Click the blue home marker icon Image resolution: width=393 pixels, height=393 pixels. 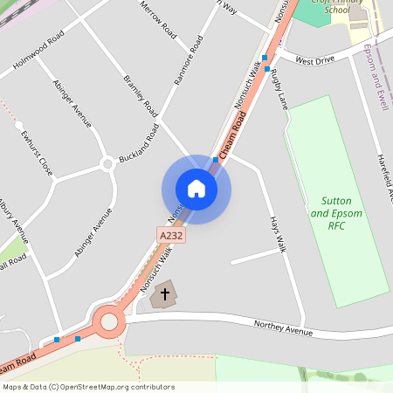pos(196,189)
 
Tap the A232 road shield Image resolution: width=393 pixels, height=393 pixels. pos(171,236)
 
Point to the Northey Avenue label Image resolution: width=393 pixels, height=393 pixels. pos(283,328)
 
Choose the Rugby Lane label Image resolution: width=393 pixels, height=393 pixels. pos(279,87)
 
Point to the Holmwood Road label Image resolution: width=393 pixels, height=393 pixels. pos(38,52)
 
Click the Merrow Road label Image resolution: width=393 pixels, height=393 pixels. pos(158,22)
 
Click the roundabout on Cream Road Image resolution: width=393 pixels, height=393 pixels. pos(108,321)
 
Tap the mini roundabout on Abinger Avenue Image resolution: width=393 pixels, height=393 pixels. pos(107,163)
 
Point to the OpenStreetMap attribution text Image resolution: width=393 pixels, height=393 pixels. pos(88,386)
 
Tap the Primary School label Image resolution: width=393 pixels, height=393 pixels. pos(313,8)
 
